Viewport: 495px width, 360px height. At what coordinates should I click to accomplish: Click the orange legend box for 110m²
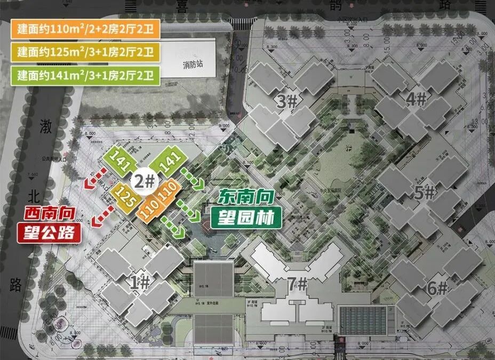85,29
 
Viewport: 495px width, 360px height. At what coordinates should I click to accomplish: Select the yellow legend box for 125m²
85,52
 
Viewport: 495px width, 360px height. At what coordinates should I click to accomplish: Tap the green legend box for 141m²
85,75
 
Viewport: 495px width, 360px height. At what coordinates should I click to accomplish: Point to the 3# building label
288,100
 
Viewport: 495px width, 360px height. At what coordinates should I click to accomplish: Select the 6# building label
437,289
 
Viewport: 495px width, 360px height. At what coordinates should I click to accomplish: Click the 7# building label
298,284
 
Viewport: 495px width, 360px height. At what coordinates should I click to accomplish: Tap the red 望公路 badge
50,233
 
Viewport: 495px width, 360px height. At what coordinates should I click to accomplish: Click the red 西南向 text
50,214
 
